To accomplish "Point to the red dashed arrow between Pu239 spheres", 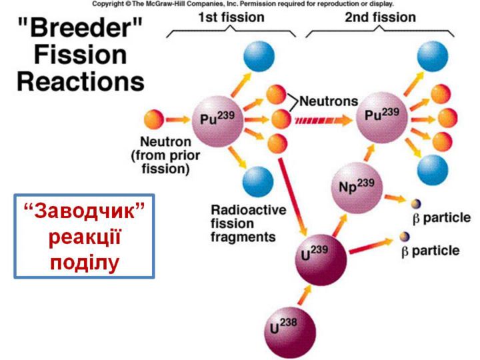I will tap(322, 121).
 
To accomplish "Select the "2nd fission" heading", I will tap(380, 17).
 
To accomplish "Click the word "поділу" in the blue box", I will tap(85, 259).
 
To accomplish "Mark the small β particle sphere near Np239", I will tap(416, 203).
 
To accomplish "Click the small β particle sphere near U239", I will tap(404, 235).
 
